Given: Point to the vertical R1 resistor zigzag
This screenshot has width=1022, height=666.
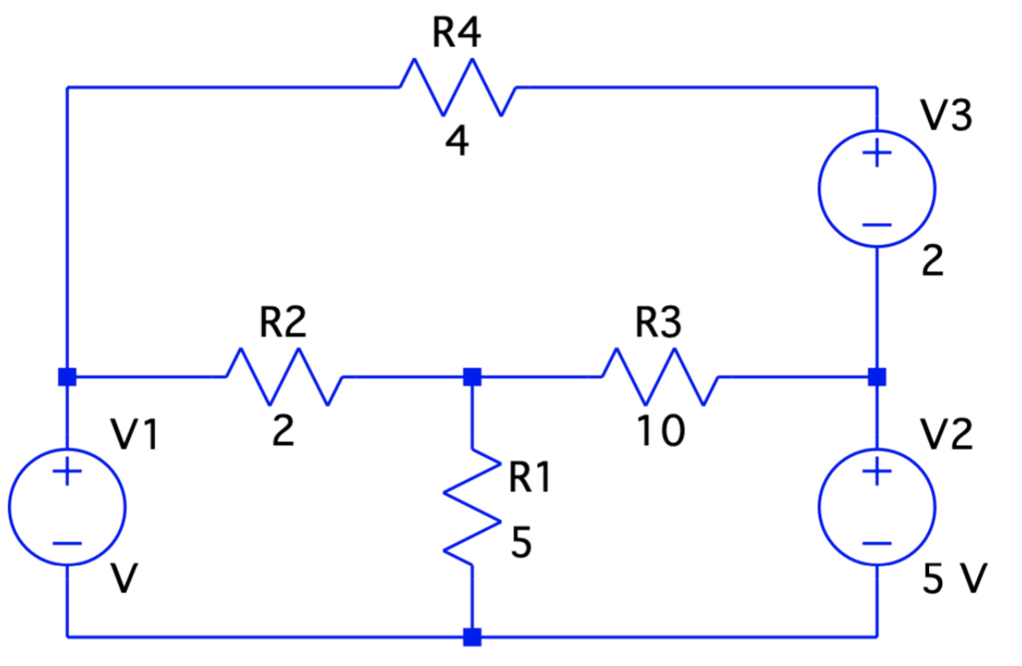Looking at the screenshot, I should pos(472,505).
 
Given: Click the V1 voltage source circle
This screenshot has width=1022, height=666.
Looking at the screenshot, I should pos(68,505).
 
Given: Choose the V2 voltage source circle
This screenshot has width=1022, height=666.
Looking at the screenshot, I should pos(876,505).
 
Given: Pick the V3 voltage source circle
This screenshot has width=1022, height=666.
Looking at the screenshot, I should pos(876,188).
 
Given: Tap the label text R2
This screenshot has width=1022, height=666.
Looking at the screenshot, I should pos(283,324).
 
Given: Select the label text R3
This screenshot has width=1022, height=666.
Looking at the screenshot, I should pos(658,324).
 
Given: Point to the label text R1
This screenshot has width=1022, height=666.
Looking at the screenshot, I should pos(530,478).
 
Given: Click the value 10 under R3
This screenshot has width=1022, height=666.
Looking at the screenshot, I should pos(661,432).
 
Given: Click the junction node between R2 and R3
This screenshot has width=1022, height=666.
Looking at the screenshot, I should pos(472,376).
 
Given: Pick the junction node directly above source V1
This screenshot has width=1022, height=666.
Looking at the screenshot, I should pos(68,376).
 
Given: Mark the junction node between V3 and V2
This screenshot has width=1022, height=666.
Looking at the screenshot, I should pos(876,376).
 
